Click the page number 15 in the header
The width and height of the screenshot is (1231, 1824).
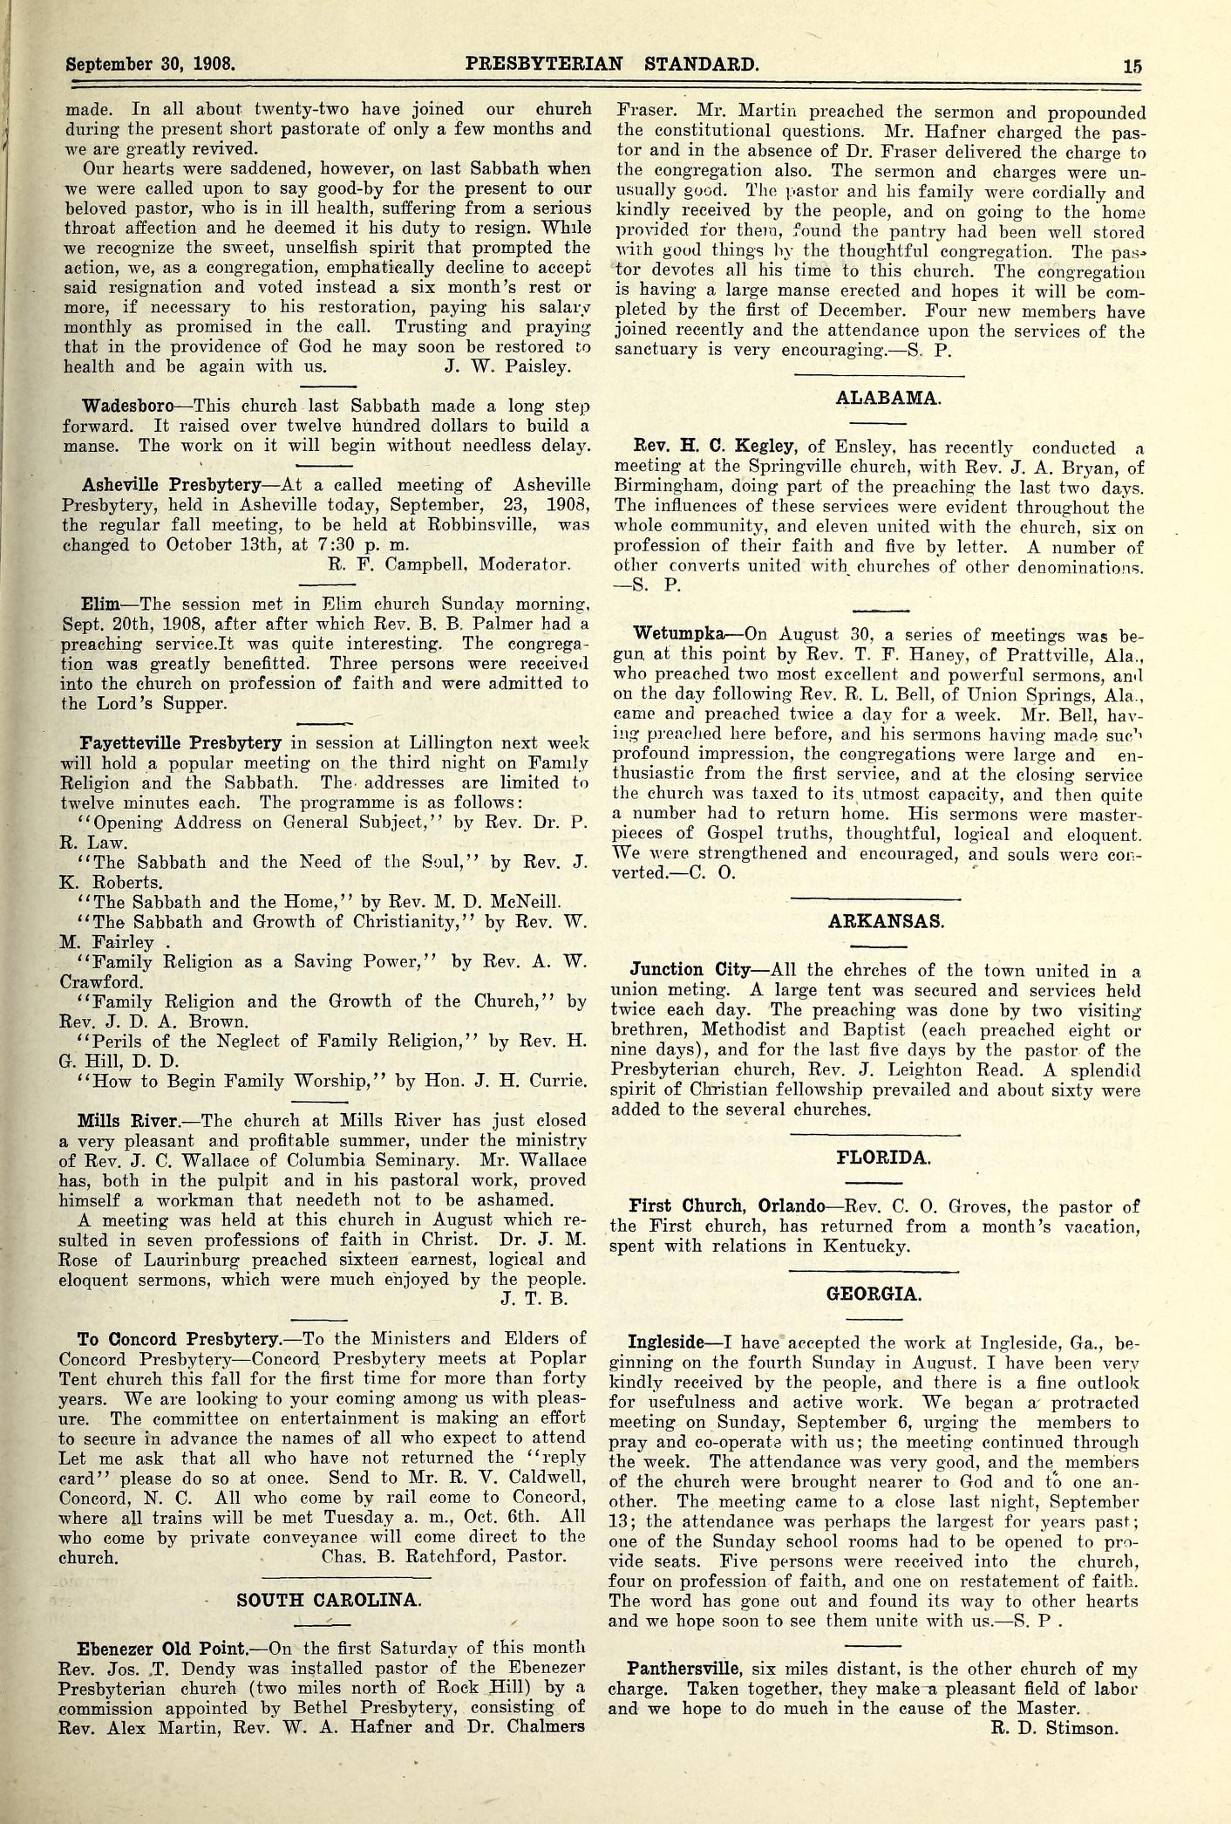coord(1132,64)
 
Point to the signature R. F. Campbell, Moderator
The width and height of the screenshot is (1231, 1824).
coord(449,564)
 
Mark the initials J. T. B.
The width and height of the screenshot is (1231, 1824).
coord(534,1299)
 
